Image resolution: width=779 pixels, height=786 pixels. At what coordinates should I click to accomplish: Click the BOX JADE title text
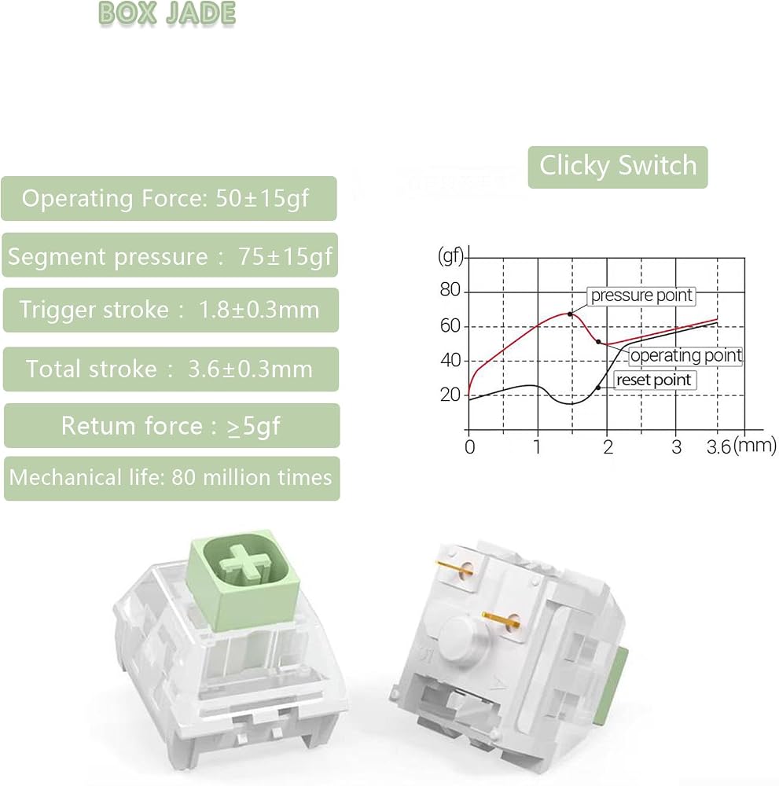point(167,13)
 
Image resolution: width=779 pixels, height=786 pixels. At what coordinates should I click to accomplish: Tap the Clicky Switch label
point(618,167)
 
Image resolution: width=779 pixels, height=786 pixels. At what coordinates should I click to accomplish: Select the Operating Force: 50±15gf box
point(169,199)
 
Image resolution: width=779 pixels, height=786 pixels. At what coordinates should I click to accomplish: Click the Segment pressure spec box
point(170,255)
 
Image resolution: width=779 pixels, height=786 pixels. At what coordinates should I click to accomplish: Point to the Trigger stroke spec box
point(171,310)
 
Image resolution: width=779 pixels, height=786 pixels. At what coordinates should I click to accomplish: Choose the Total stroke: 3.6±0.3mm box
point(171,369)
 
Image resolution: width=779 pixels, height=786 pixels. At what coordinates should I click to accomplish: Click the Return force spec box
point(172,425)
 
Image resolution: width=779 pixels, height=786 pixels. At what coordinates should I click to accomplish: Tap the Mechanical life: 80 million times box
point(172,478)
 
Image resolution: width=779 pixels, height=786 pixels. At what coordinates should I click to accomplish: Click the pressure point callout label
point(641,296)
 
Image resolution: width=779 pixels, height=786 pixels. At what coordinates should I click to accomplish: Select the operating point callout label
point(685,355)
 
